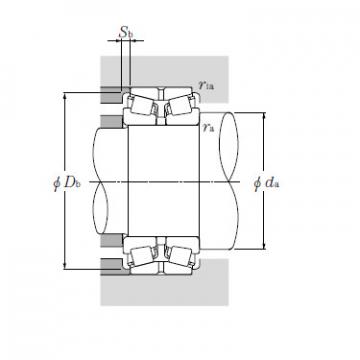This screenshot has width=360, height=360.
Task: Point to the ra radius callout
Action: click(207, 127)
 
